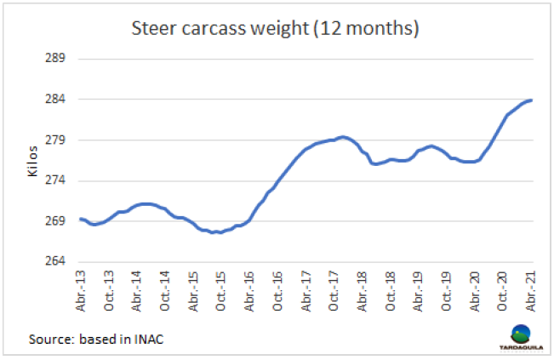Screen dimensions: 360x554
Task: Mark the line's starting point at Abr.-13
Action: tap(80, 219)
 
